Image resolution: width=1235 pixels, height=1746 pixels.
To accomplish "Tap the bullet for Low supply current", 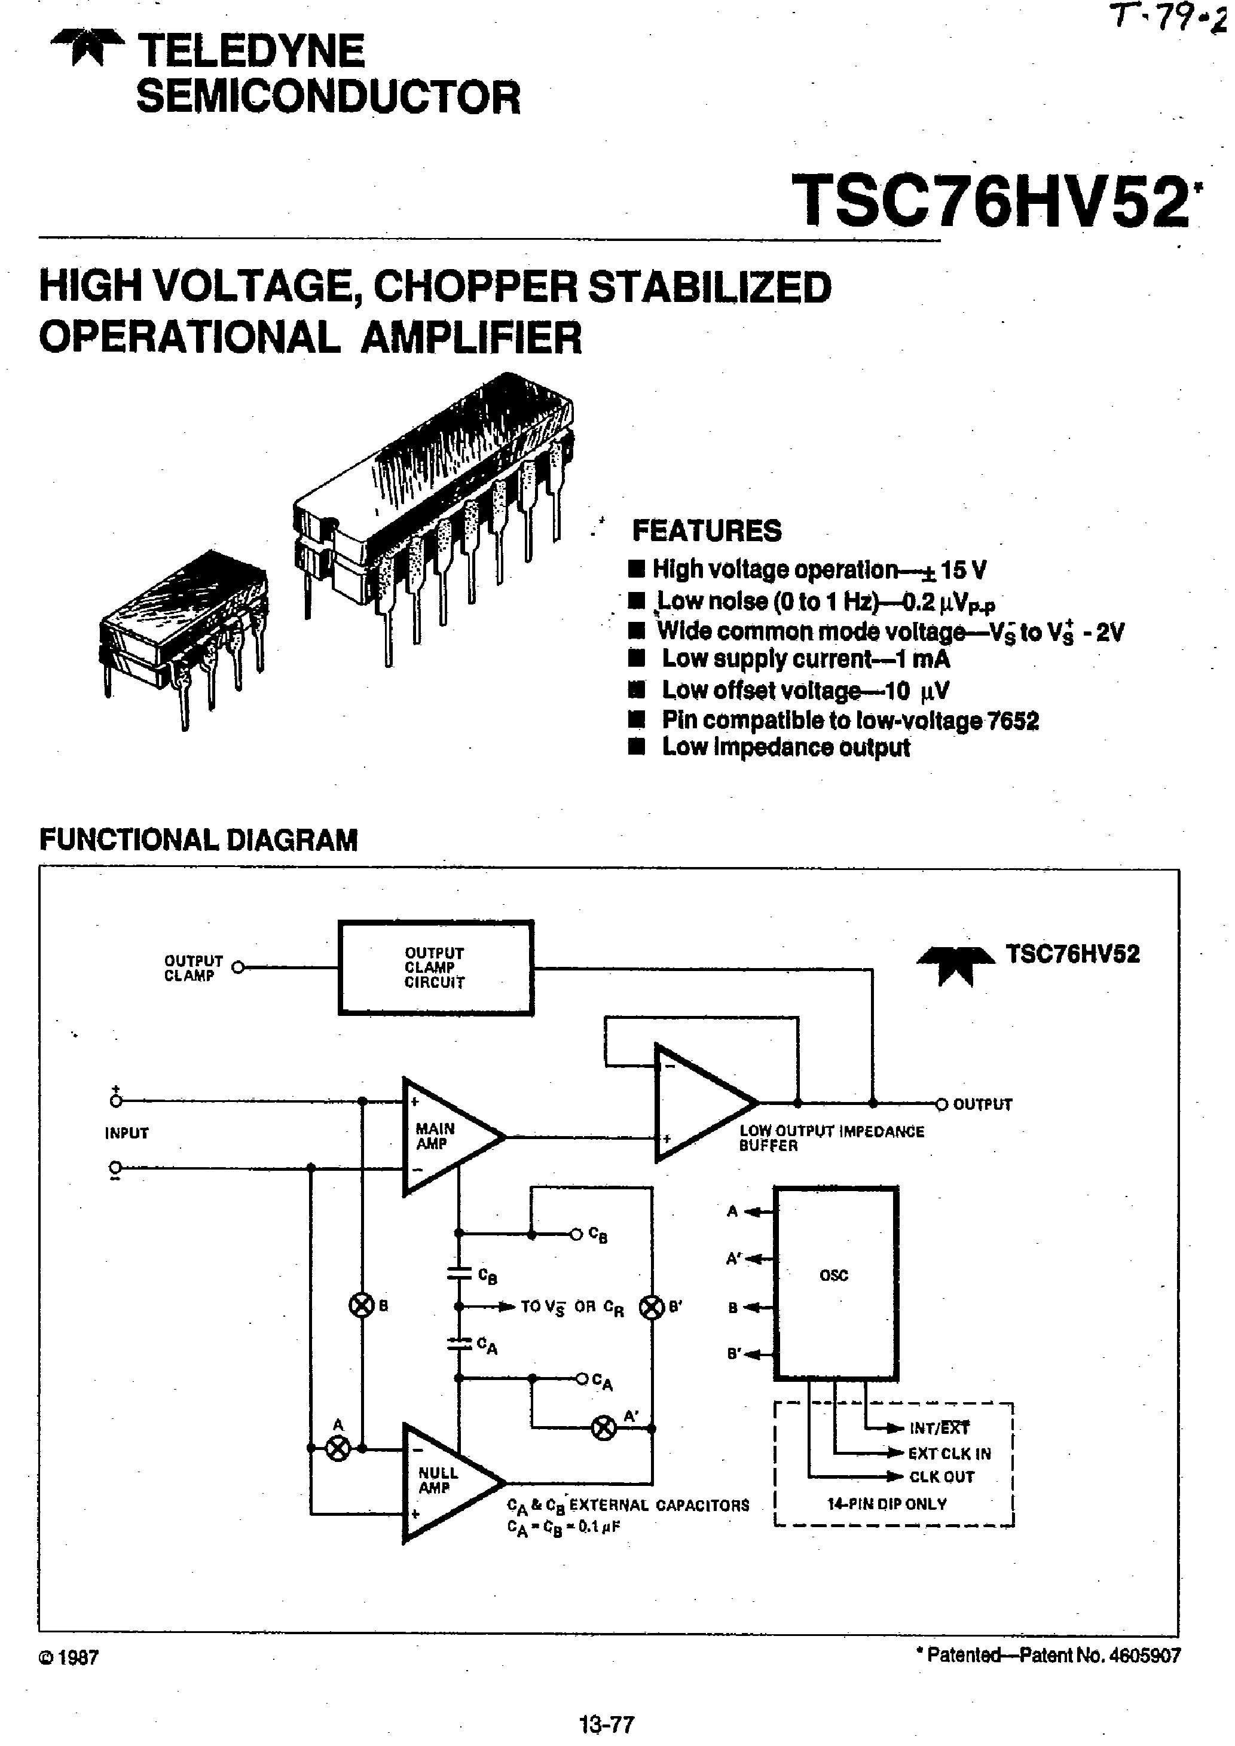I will tap(637, 660).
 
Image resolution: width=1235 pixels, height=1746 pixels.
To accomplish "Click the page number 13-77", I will tap(606, 1724).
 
